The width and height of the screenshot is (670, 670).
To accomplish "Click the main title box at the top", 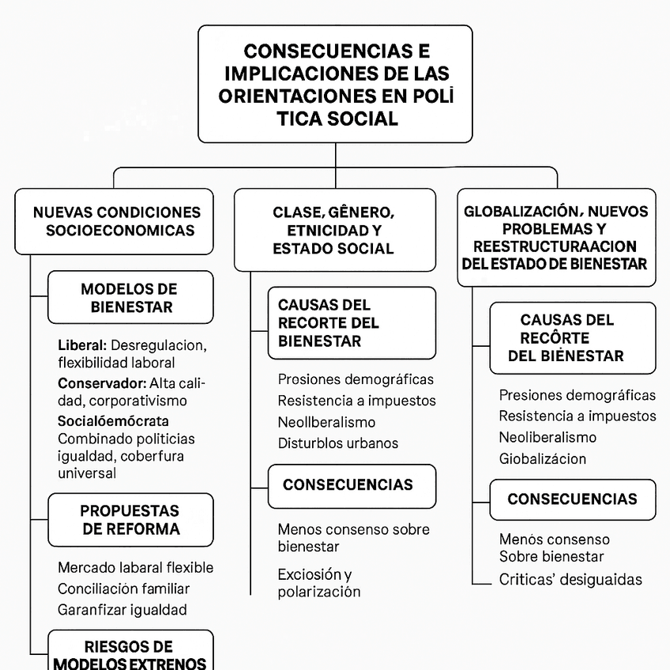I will pos(335,84).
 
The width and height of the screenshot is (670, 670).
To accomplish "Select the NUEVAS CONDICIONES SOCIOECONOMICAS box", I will pos(114,221).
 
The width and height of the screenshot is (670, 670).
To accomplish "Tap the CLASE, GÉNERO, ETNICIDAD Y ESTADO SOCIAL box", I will pos(334,230).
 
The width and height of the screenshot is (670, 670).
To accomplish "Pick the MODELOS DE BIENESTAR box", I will pos(130,298).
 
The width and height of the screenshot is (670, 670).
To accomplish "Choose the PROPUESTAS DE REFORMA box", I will pos(130,520).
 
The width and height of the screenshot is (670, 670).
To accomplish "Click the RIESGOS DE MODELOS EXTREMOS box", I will pos(130,654).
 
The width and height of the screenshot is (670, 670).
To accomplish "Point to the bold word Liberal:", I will pos(82,345).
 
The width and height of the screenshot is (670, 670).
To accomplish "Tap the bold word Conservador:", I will pos(102,383).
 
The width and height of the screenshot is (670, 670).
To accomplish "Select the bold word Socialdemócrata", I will pos(113,420).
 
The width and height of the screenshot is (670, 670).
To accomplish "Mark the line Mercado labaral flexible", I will pos(135,567).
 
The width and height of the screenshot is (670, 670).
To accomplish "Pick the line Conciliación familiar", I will pos(123,589).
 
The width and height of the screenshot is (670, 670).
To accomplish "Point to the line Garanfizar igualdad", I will pos(122,609).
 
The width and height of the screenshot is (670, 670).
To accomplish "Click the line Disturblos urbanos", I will pos(338,443).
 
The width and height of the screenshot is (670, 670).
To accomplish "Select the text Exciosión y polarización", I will pos(318,583).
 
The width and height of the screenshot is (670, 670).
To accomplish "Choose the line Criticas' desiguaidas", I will pos(570,579).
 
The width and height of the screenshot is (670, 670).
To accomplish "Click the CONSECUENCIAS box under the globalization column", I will pos(572,499).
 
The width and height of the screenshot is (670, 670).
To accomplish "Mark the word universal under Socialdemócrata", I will pos(87,473).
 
